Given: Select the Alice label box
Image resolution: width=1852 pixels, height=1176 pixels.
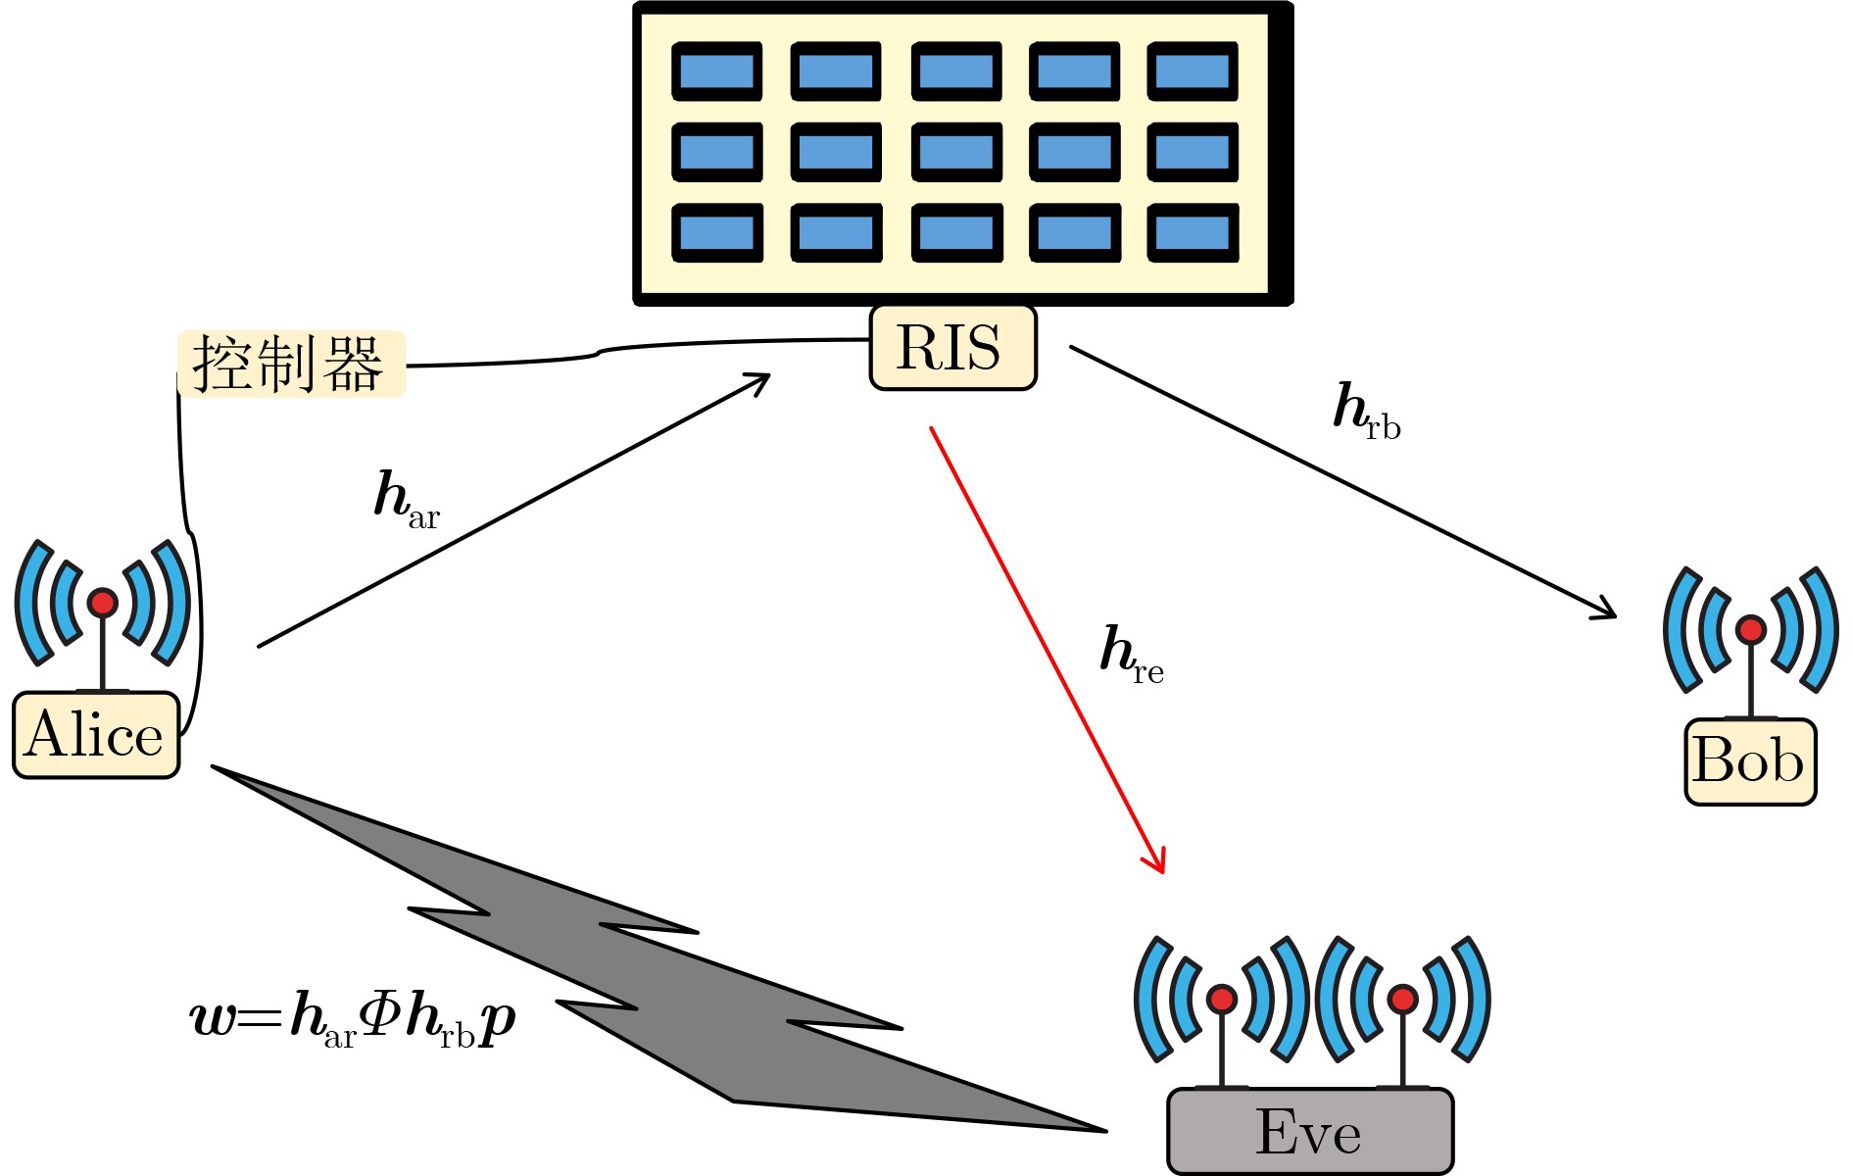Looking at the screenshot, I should (96, 735).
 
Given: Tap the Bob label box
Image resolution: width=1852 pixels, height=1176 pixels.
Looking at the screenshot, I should (1750, 761).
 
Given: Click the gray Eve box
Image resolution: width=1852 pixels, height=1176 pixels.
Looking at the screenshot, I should (1310, 1132).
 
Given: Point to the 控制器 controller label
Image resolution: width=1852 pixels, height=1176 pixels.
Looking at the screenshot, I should (290, 364).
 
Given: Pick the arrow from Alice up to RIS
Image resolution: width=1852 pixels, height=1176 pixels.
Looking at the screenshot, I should (514, 510).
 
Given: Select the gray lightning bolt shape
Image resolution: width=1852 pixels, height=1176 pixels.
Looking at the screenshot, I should (647, 970).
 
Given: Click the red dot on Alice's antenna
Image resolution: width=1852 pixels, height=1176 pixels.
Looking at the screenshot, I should (103, 603).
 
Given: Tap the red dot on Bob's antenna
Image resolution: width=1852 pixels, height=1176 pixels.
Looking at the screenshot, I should (1751, 629).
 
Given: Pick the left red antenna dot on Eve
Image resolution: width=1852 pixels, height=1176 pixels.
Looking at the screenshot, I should (1222, 999).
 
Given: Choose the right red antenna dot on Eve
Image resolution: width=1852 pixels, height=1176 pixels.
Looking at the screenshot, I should (1403, 999).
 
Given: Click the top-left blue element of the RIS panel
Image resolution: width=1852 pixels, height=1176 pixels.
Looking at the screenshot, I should (717, 72).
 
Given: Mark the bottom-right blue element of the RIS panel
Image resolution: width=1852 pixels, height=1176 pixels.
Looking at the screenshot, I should (1193, 233).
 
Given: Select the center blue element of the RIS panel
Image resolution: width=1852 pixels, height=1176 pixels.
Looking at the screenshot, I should (956, 152).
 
